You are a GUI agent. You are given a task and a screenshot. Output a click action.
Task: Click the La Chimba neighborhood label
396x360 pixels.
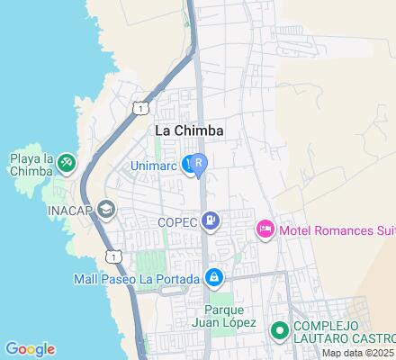189,130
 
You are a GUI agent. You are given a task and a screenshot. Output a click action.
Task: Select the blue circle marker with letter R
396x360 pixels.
199,164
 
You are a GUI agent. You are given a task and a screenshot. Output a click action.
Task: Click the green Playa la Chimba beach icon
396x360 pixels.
66,163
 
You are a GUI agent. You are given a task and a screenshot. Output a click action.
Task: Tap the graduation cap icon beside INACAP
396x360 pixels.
106,210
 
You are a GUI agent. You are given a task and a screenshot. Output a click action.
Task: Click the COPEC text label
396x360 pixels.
177,220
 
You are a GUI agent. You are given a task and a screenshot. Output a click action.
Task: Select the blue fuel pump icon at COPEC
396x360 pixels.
210,220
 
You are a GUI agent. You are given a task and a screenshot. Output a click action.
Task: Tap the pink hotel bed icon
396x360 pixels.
265,230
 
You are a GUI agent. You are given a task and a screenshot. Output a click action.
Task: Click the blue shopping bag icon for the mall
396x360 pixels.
213,277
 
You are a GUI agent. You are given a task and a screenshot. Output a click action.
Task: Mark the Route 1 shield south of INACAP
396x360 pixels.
112,256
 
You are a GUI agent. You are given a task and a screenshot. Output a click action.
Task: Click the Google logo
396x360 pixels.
30,349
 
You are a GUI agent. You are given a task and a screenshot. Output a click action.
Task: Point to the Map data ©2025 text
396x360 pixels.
358,353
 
